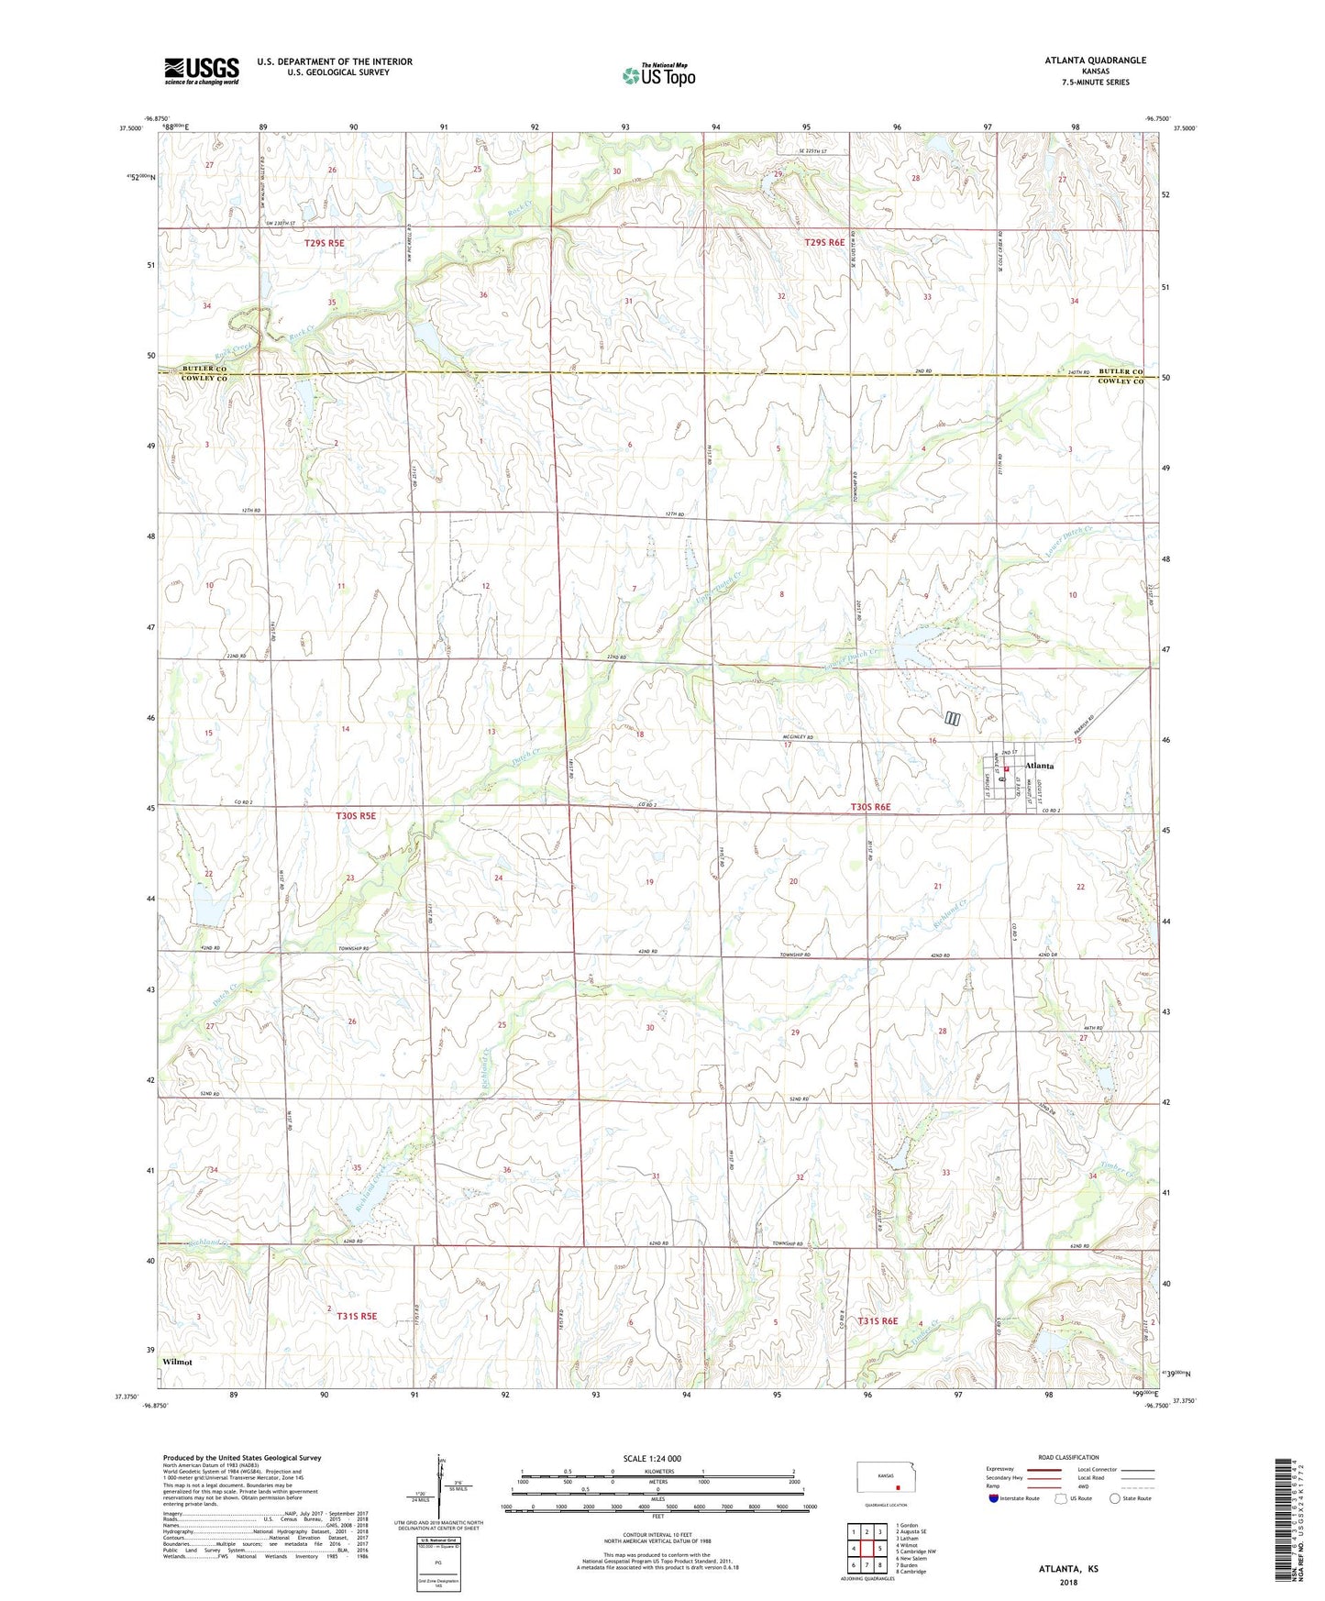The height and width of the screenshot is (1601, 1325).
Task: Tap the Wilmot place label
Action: point(177,1362)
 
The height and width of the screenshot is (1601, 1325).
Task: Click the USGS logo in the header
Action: point(202,71)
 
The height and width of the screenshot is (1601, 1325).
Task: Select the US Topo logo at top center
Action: point(659,76)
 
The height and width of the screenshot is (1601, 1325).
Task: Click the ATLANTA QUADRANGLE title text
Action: point(1095,61)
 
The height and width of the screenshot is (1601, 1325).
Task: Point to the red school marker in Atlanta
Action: point(1006,769)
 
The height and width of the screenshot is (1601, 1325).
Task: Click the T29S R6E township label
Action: point(824,243)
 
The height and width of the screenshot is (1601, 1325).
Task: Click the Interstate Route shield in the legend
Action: point(994,1498)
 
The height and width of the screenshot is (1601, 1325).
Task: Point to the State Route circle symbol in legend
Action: point(1115,1498)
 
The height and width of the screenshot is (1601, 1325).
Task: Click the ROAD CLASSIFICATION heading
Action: point(1069,1457)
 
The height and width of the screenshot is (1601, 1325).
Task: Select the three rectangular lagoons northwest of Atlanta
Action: point(953,719)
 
